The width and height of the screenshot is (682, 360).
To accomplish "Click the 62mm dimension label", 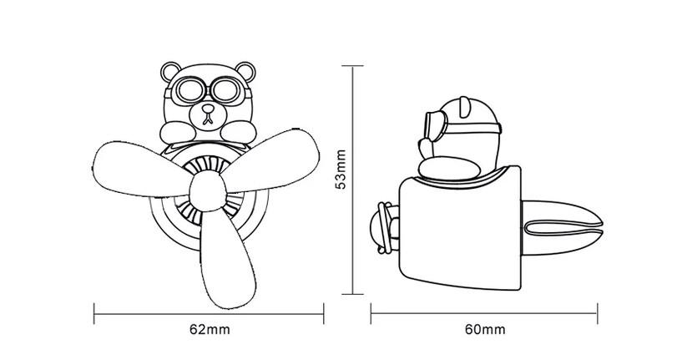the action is pyautogui.click(x=210, y=330).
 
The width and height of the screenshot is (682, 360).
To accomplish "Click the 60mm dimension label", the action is pyautogui.click(x=485, y=330).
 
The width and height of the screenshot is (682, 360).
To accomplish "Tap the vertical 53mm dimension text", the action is pyautogui.click(x=341, y=170).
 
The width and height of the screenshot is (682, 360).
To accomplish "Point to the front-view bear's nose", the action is pyautogui.click(x=209, y=109).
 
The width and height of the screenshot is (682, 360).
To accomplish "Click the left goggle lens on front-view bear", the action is pyautogui.click(x=189, y=91).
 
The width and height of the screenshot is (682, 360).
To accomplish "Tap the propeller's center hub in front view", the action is pyautogui.click(x=208, y=191).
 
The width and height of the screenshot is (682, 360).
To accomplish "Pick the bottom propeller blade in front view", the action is pyautogui.click(x=226, y=261).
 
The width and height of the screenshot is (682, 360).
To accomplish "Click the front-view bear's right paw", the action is pyautogui.click(x=239, y=132).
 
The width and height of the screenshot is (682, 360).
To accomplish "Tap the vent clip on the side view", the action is pyautogui.click(x=561, y=228).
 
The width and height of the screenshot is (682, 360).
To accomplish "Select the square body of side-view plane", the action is pyautogui.click(x=461, y=229).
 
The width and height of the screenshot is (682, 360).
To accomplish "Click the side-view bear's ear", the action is pyautogui.click(x=464, y=107).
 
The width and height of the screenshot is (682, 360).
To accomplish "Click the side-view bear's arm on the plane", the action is pyautogui.click(x=450, y=169).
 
